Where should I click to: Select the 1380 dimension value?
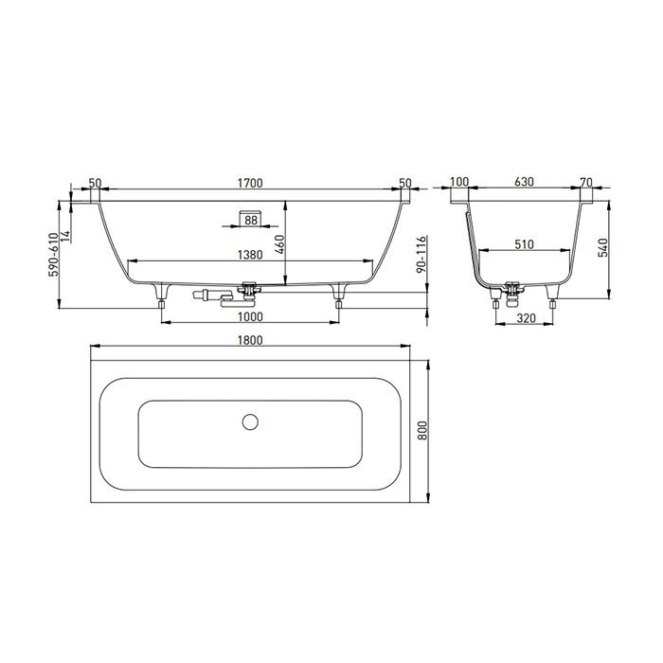tap(250, 254)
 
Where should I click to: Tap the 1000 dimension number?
tap(250, 316)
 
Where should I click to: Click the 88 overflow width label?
tap(250, 221)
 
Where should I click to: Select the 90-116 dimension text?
tap(421, 256)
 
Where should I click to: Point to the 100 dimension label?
tap(460, 183)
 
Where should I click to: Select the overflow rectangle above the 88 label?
tap(250, 209)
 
